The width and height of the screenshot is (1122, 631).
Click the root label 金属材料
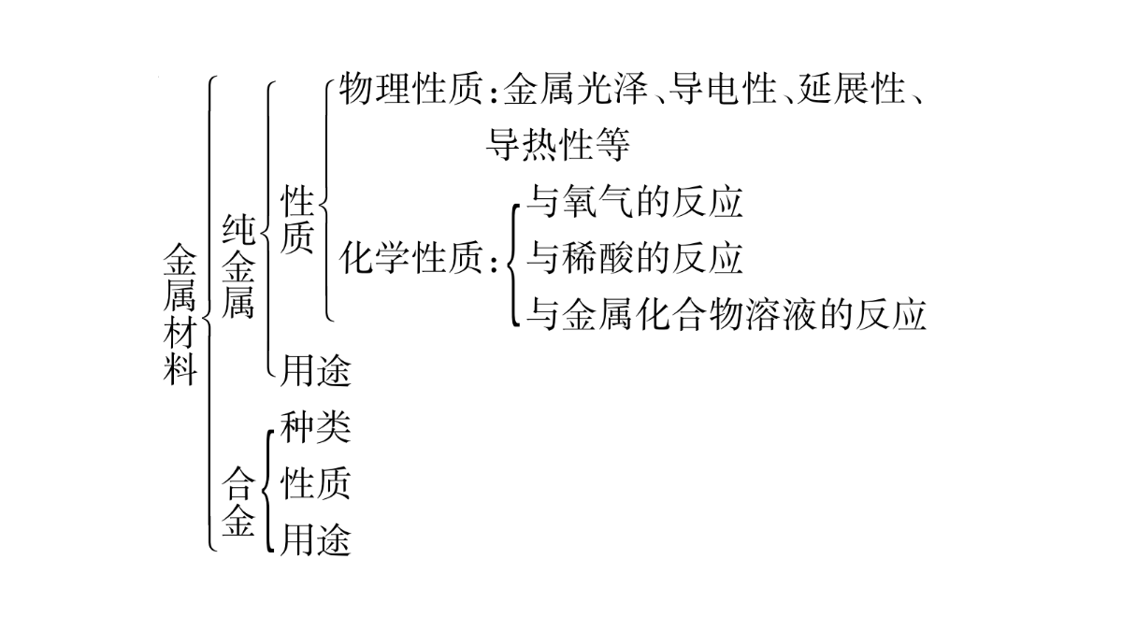pyautogui.click(x=180, y=315)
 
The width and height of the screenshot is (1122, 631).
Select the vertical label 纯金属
pyautogui.click(x=238, y=266)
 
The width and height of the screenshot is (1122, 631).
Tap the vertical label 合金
pyautogui.click(x=238, y=501)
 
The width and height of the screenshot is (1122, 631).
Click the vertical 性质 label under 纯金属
pyautogui.click(x=297, y=220)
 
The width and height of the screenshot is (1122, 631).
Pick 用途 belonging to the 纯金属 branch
pyautogui.click(x=316, y=370)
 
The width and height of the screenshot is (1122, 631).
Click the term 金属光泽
pyautogui.click(x=576, y=89)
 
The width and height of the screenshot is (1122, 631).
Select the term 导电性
pyautogui.click(x=722, y=89)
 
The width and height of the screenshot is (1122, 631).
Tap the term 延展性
pyautogui.click(x=851, y=89)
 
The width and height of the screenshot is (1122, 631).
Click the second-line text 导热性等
pyautogui.click(x=557, y=145)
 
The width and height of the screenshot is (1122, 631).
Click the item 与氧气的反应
pyautogui.click(x=634, y=202)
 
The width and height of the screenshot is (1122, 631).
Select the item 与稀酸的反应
pyautogui.click(x=634, y=258)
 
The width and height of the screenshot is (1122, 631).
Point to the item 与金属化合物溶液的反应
pyautogui.click(x=726, y=314)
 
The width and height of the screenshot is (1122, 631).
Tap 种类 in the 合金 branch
pyautogui.click(x=316, y=427)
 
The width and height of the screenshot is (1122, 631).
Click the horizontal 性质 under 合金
pyautogui.click(x=316, y=484)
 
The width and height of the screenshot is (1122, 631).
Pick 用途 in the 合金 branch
pyautogui.click(x=316, y=540)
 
